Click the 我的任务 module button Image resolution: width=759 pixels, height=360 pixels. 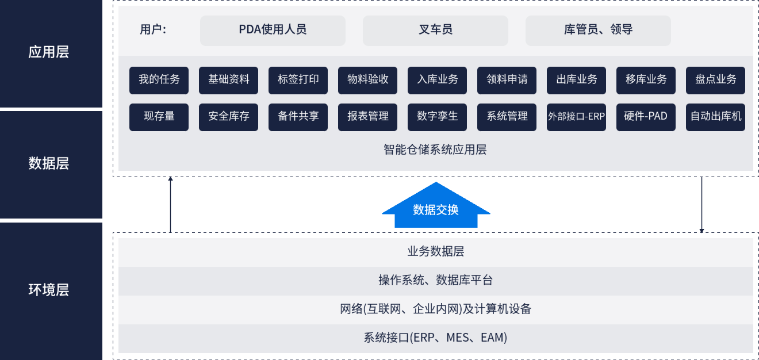coord(159,81)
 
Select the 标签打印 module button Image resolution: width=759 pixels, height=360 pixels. coord(298,81)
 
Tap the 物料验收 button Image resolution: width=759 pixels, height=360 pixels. coord(367,81)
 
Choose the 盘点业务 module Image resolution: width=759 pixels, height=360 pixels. coord(716,81)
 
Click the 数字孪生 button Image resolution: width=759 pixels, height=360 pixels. coord(437,117)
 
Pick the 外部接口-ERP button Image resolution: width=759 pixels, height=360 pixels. coord(576,117)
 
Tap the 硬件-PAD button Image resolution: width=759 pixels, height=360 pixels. coord(646,117)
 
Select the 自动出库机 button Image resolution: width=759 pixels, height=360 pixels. coord(716,117)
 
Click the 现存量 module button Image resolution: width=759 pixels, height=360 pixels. coord(159,117)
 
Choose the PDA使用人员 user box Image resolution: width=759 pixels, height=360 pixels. coord(273,30)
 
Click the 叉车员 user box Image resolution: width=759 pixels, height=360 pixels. coord(435,30)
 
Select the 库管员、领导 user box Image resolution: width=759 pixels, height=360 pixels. coord(598,30)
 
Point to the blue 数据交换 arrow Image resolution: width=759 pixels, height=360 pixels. coord(436,208)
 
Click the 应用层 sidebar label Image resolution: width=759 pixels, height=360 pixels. coord(48,52)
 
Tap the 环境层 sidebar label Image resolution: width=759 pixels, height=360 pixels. coord(48,290)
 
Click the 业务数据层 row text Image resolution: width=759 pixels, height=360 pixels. coord(436,251)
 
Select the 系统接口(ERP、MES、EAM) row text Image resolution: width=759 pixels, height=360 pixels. coord(435,338)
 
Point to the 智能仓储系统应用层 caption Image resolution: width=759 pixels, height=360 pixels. coord(435,150)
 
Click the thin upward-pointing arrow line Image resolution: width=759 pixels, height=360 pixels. coord(170,205)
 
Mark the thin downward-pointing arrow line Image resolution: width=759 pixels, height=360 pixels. coord(701,205)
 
